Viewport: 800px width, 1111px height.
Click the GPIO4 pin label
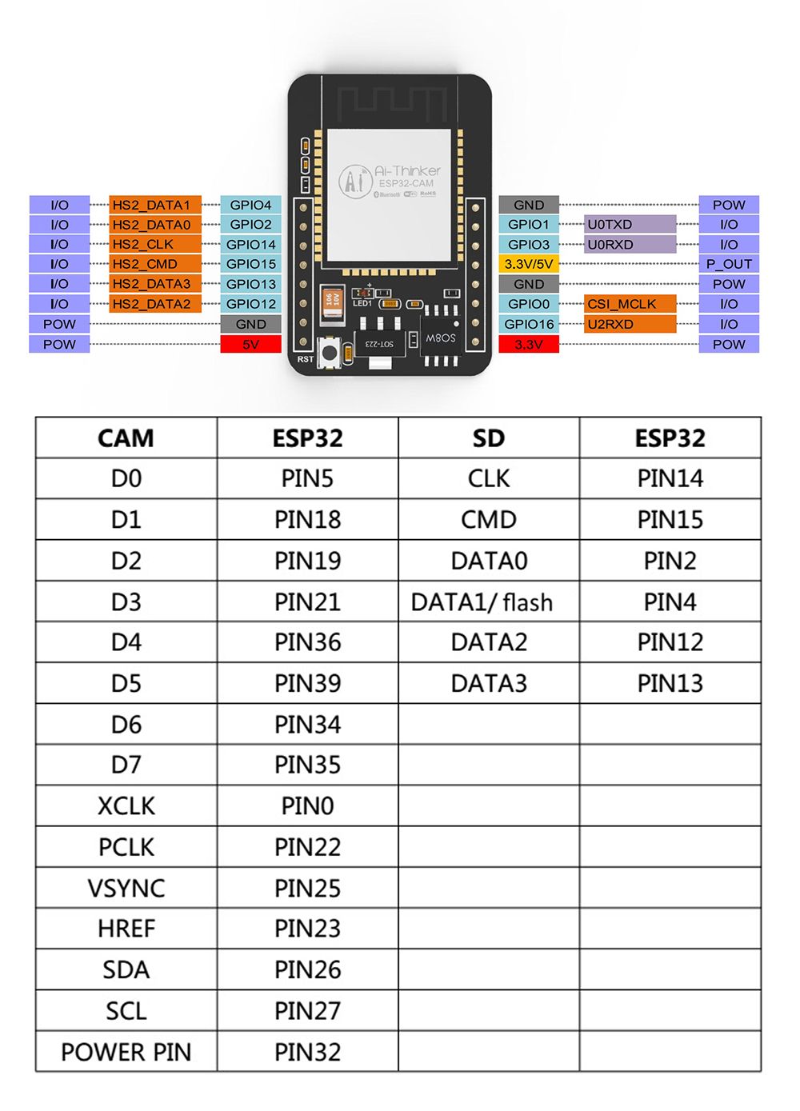coord(250,205)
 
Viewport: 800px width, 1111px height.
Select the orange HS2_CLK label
coord(154,244)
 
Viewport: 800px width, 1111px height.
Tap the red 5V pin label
coord(250,344)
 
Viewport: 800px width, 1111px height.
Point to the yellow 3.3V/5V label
coord(529,264)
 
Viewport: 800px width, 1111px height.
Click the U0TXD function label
coord(630,225)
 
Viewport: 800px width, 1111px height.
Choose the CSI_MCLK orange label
coord(630,304)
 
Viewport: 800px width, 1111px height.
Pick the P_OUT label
coord(729,264)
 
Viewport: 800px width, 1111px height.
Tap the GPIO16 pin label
coord(529,324)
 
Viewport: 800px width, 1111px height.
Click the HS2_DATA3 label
coord(154,284)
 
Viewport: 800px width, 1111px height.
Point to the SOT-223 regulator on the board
coord(379,342)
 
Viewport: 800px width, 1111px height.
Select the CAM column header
coord(126,438)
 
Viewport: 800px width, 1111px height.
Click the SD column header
coord(489,438)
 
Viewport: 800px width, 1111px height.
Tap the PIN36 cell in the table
coord(307,642)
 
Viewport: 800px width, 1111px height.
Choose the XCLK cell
coord(126,805)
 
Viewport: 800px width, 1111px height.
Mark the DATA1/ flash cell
coord(482,601)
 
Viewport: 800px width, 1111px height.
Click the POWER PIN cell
coord(126,1052)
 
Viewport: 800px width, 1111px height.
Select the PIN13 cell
coord(670,683)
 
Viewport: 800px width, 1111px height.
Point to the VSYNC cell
coord(126,888)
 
